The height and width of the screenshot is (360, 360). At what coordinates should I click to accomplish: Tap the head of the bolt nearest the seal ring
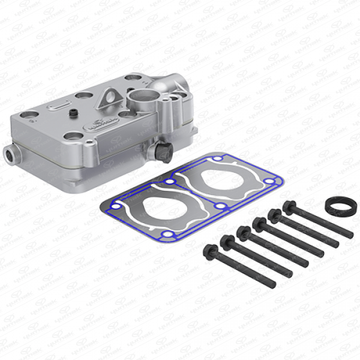289,208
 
